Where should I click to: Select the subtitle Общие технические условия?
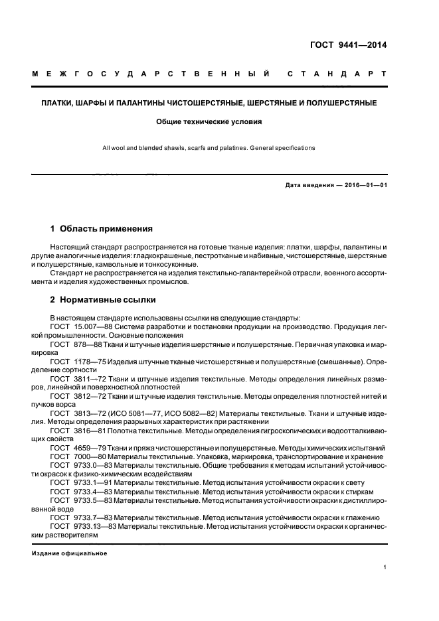(210, 122)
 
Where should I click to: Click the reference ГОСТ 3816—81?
(75, 430)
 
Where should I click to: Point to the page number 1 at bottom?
(385, 567)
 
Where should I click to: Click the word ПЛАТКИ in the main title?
(56, 103)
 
